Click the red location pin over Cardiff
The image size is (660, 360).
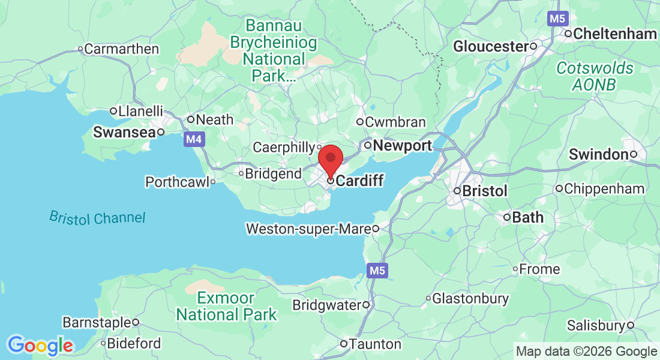330,160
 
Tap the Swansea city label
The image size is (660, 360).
124,133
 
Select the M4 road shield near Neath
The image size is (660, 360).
193,140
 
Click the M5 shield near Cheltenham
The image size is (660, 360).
557,19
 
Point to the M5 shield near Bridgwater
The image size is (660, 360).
377,271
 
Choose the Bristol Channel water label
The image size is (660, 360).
97,217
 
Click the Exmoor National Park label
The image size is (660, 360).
226,306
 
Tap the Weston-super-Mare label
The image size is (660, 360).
308,229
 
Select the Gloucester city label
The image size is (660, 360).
490,46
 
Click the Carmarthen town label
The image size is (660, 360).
121,49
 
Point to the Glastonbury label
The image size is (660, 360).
470,298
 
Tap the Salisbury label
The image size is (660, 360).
596,326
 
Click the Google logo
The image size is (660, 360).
41,346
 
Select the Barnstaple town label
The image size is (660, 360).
96,322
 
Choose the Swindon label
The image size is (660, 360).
598,154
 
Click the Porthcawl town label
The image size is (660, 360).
177,181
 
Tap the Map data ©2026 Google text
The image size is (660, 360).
587,352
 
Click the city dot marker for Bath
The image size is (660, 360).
507,217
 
